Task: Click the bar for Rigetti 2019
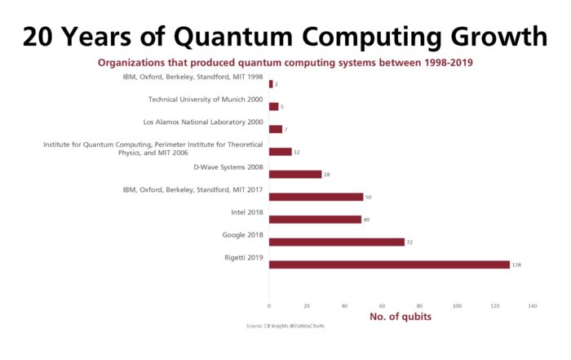point(389,264)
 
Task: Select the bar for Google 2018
point(336,242)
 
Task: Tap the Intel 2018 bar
point(315,220)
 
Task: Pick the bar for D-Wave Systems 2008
point(295,174)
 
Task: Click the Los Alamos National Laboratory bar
point(276,129)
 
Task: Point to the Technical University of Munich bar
point(274,106)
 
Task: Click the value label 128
point(516,264)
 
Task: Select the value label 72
point(410,242)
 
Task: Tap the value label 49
point(367,220)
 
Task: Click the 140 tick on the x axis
point(533,306)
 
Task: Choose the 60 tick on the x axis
point(382,306)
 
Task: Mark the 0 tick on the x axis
point(269,306)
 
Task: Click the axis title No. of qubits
point(401,317)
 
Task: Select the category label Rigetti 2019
point(243,258)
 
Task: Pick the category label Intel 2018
point(247,212)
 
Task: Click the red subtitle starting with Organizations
point(285,62)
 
